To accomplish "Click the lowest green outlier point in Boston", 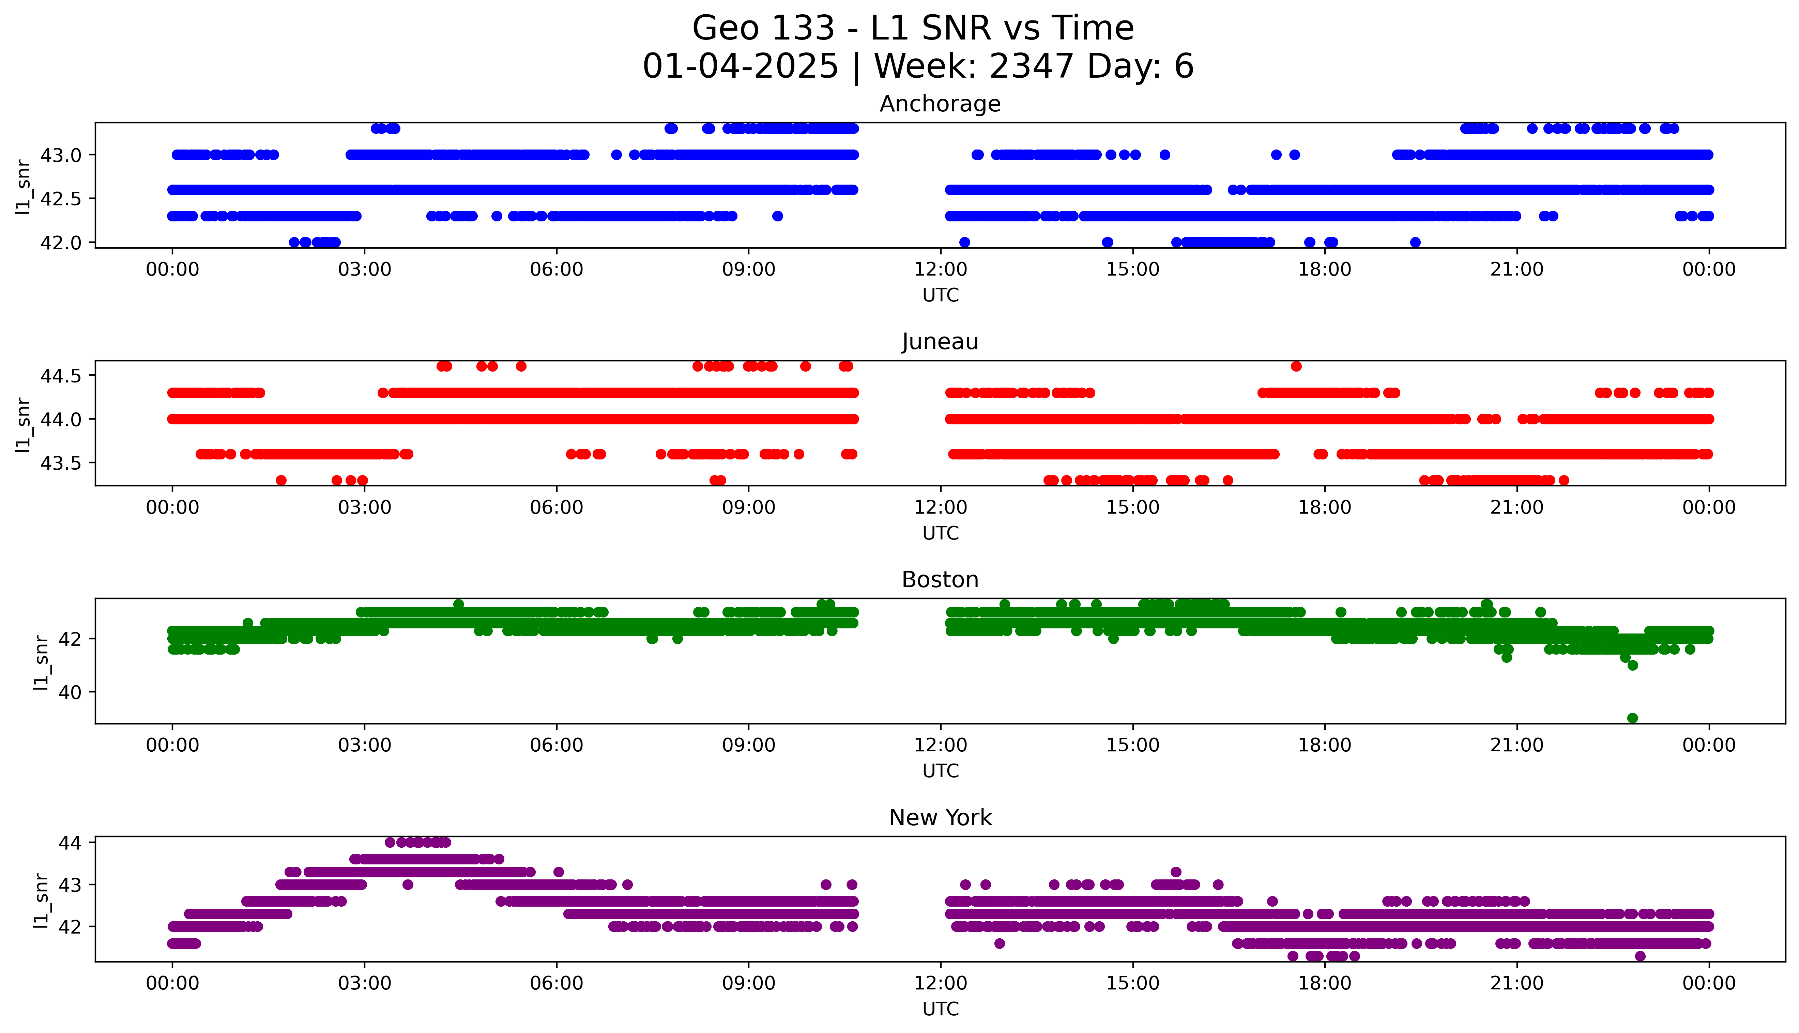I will click(x=1632, y=718).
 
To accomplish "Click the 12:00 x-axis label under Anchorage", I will click(x=940, y=270).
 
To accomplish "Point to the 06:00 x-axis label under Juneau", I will click(x=557, y=507).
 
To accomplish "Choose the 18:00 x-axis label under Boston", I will click(x=1324, y=745).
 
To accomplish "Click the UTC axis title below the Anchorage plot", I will click(x=940, y=295).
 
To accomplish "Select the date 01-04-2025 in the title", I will click(x=740, y=67).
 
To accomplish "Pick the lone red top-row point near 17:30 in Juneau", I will click(x=1296, y=366).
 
